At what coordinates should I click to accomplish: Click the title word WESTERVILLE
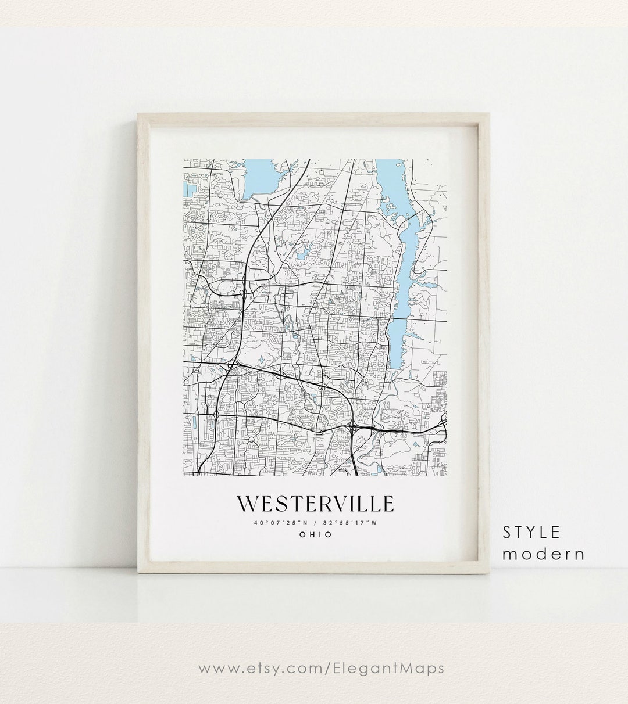(315, 504)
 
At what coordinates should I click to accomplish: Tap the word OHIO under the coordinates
(315, 534)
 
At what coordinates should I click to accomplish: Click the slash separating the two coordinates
(315, 522)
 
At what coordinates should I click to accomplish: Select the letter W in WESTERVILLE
(247, 504)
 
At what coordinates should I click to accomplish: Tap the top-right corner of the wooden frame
(490, 114)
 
